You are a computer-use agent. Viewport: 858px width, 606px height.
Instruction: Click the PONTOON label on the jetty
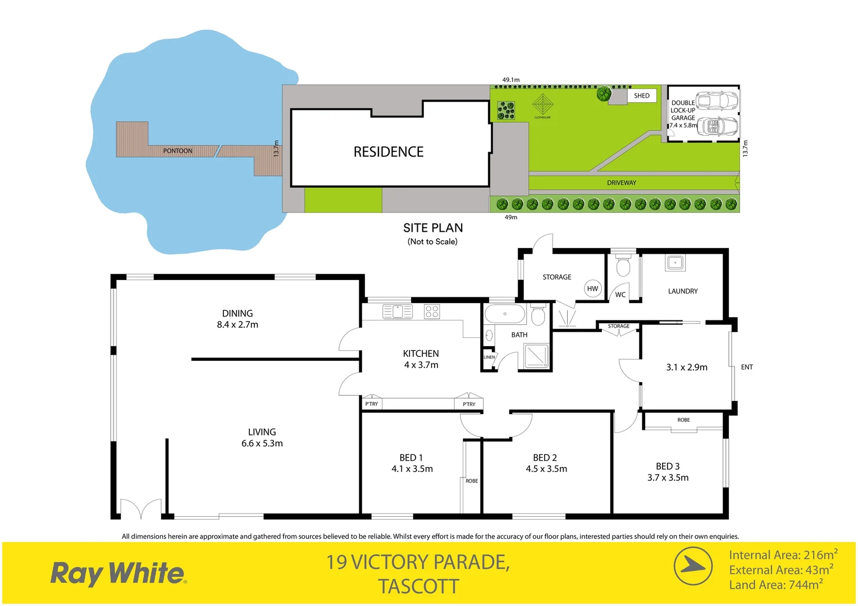[177, 151]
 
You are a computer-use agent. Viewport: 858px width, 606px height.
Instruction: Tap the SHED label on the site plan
[641, 96]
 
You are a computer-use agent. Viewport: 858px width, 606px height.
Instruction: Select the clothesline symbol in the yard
[542, 104]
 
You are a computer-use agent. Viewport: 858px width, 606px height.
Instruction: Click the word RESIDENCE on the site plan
[388, 152]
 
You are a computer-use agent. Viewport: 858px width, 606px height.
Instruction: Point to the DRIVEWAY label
[622, 183]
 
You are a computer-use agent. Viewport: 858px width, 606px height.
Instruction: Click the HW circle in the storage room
[592, 288]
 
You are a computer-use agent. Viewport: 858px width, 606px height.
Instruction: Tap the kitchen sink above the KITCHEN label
[398, 311]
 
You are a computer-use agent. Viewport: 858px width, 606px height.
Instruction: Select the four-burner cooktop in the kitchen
[432, 311]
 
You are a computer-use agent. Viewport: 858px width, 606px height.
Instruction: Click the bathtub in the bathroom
[505, 314]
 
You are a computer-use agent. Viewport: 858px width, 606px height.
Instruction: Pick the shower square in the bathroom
[536, 356]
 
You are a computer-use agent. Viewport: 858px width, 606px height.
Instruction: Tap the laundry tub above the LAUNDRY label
[675, 262]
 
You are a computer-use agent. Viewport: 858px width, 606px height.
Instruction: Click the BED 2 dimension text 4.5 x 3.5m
[546, 469]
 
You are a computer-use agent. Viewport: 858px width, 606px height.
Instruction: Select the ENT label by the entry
[747, 368]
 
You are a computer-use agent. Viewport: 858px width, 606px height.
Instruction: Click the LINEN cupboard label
[489, 357]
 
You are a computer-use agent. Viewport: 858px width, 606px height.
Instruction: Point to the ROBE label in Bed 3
[683, 420]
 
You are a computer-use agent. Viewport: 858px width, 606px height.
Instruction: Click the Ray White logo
[118, 573]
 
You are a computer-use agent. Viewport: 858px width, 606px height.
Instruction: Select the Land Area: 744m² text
[775, 585]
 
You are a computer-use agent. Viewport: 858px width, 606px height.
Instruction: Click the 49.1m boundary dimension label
[510, 80]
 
